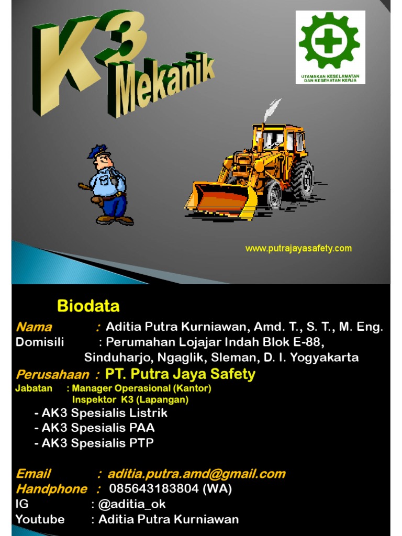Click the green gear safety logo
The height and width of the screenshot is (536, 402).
(x=329, y=41)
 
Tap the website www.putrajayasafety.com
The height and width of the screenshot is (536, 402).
(x=298, y=249)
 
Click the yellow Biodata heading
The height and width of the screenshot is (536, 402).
(x=88, y=306)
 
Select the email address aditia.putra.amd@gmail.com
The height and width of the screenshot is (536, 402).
(x=196, y=474)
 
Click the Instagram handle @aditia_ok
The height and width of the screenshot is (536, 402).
(x=132, y=504)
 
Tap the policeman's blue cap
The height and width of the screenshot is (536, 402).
(x=97, y=151)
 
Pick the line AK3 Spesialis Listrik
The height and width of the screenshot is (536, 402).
(x=100, y=413)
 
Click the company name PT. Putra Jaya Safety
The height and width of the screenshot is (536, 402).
(x=180, y=374)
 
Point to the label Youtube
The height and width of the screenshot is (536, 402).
(x=40, y=519)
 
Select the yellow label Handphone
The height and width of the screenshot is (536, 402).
(x=51, y=489)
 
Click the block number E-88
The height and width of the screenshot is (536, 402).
(x=308, y=342)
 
